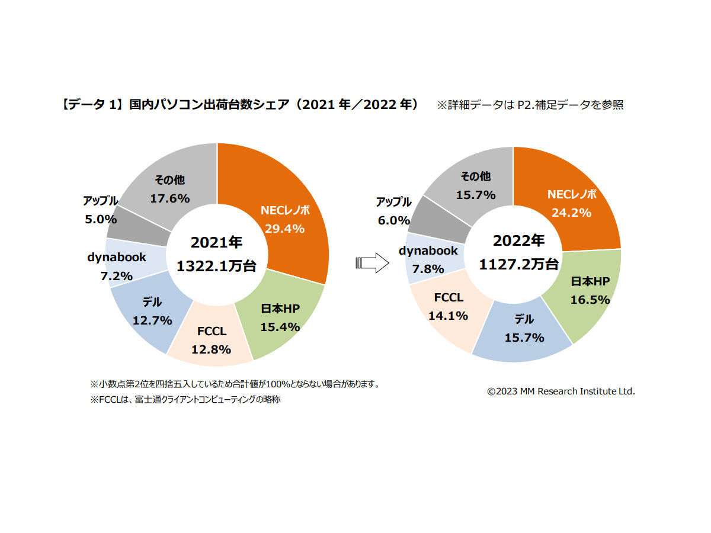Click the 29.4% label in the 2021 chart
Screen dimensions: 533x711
284,229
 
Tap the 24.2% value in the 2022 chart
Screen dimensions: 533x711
571,213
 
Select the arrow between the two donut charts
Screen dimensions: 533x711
371,264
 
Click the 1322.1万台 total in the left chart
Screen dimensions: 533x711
216,266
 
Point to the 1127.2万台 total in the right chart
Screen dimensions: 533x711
518,264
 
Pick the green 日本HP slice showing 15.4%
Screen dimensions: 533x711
280,319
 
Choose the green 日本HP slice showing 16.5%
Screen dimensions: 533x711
590,291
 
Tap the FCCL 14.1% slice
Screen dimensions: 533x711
448,307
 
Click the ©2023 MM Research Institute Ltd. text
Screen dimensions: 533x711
561,391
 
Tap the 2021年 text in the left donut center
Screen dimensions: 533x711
216,243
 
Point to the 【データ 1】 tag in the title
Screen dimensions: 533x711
92,105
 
